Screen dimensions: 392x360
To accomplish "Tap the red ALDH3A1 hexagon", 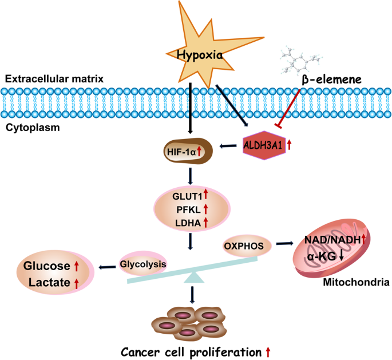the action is point(264,145).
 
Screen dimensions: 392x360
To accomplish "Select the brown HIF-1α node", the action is point(188,151).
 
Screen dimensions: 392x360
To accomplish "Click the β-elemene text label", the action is point(332,80).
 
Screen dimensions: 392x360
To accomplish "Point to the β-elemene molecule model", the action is point(301,61).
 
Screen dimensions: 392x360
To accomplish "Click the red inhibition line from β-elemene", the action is point(288,109).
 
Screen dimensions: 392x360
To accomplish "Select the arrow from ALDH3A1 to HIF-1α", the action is point(228,146).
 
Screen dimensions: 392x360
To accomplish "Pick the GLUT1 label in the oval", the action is point(187,196).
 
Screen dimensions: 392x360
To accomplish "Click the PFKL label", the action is point(188,209).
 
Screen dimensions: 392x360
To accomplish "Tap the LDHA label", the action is point(188,223).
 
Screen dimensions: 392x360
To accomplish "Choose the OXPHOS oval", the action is point(247,246).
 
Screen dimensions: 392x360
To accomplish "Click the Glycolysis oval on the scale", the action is point(142,264).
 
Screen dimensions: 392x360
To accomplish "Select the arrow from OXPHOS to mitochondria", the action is point(284,243).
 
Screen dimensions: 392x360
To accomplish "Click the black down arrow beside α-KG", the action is point(341,255).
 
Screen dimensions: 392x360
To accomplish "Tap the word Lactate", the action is point(49,282).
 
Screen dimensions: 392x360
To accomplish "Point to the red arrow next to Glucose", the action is point(77,267).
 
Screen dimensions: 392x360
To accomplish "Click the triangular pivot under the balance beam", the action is point(194,278).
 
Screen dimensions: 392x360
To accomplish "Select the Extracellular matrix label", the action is point(54,79).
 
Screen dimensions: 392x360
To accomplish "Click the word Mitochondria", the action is point(357,282).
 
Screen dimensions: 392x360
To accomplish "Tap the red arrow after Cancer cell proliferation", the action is point(268,352).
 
